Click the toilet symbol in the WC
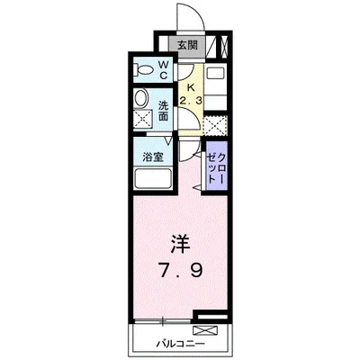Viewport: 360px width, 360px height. tap(143, 69)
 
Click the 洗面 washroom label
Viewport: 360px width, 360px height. tap(164, 111)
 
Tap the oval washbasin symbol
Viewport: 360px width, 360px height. tap(141, 98)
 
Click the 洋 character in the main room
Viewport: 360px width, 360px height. tap(179, 244)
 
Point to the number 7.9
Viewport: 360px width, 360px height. tap(179, 269)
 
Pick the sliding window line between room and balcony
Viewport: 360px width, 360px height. tap(162, 320)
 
